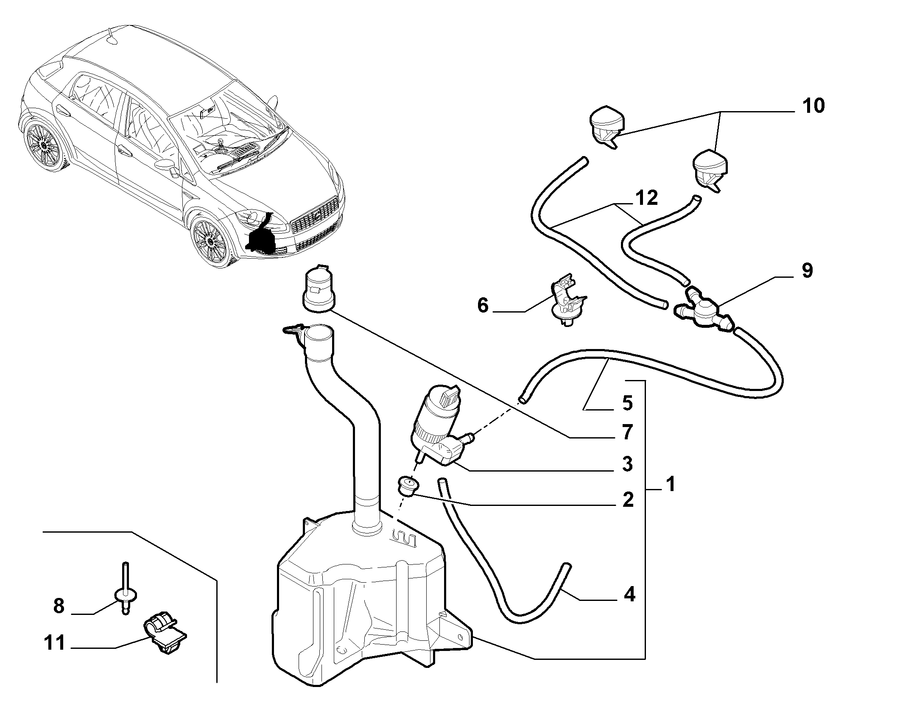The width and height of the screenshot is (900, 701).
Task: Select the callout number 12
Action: point(646,198)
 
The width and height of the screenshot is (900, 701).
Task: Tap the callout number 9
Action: point(807,271)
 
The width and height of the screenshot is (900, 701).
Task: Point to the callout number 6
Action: point(483,305)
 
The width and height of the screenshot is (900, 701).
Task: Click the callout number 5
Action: point(628,402)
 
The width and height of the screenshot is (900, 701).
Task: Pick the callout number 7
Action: point(628,432)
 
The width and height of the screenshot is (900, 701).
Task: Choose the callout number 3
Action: point(628,464)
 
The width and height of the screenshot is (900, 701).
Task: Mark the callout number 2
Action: point(628,500)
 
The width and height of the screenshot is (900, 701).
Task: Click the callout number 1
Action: point(670,484)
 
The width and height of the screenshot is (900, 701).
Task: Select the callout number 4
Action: point(629,595)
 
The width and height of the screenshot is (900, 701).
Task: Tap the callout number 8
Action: point(59,606)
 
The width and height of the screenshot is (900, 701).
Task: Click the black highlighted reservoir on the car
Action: point(262,237)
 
